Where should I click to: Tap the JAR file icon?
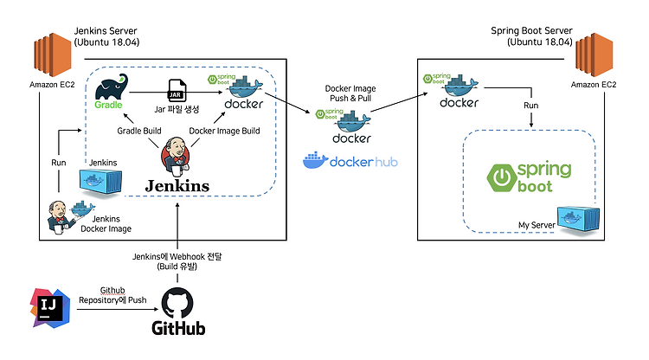point(177,90)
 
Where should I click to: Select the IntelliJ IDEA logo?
point(50,308)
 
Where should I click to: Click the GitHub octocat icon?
point(177,303)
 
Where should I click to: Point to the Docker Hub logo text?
point(363,162)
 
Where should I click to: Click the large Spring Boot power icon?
point(502,178)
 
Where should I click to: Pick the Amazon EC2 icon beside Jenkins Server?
point(52,55)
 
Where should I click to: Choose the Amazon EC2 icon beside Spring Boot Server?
point(594,55)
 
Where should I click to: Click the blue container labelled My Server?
point(578,218)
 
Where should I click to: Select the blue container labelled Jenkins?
point(100,181)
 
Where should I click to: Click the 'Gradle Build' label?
point(139,131)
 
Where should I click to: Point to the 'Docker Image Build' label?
point(224,131)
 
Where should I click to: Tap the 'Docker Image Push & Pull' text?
point(350,93)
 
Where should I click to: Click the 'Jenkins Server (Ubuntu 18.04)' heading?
point(106,36)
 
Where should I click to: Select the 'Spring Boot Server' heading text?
point(531,30)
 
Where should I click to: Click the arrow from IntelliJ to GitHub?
point(118,309)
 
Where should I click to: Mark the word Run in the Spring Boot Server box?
point(531,106)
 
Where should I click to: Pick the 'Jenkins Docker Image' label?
point(106,223)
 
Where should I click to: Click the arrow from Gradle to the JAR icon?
point(149,92)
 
